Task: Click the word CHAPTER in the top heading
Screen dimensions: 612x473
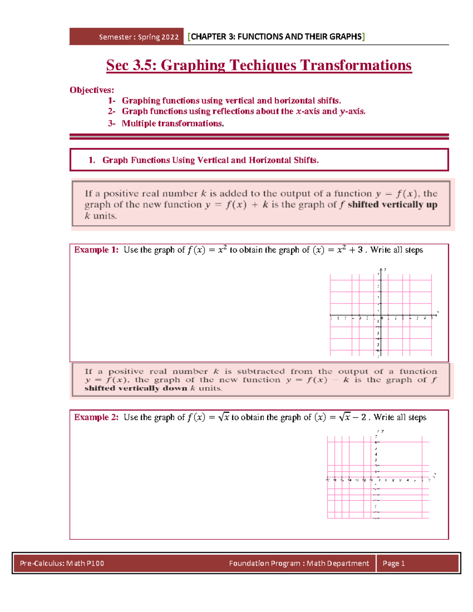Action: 209,37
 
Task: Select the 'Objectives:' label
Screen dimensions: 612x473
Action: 91,90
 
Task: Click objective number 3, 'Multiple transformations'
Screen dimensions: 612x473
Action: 173,123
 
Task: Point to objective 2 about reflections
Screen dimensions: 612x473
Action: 243,111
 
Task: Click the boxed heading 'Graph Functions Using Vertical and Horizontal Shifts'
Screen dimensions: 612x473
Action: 210,160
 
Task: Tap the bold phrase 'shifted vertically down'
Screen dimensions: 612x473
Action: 136,388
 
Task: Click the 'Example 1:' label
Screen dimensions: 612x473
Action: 96,250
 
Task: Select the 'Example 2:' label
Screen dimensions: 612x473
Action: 96,417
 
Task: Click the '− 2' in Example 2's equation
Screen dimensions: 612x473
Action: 359,417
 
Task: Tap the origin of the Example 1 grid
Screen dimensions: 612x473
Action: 380,315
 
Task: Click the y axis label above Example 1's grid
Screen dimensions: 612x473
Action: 385,270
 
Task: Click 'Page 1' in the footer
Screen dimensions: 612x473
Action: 393,563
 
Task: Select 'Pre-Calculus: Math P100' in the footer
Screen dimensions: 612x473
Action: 62,563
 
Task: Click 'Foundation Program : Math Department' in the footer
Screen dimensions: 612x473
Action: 299,563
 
